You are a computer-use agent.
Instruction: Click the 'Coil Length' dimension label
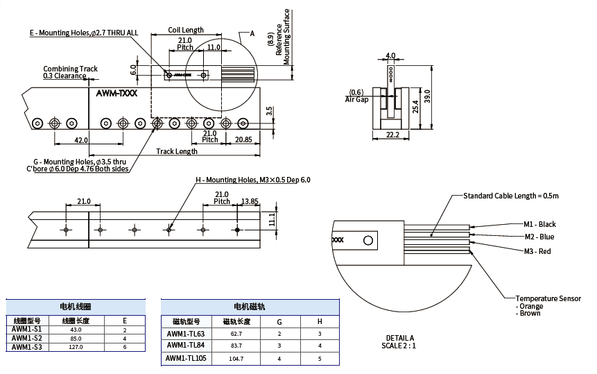tap(187, 30)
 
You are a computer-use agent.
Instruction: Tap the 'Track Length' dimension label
tap(177, 151)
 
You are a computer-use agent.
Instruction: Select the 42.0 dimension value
tap(81, 140)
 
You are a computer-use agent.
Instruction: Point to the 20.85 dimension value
tap(243, 139)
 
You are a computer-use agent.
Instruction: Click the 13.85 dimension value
tap(250, 201)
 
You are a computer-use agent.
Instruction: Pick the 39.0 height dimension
tap(427, 95)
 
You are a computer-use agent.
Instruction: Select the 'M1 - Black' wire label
tap(539, 224)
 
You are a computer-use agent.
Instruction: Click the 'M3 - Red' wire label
tap(537, 251)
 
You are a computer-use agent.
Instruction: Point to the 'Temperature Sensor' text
tap(548, 298)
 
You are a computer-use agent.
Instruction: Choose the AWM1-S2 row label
tap(27, 339)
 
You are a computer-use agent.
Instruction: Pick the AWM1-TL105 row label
tap(187, 359)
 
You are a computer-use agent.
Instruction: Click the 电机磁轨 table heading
tap(250, 306)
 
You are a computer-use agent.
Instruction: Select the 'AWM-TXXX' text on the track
tap(117, 92)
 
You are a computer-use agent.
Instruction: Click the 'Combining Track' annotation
tap(70, 69)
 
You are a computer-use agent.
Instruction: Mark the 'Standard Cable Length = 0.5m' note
tap(511, 196)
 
